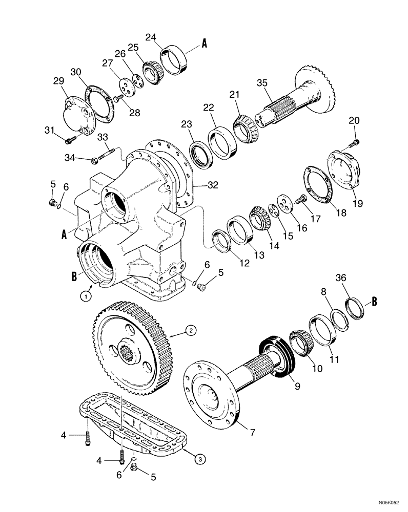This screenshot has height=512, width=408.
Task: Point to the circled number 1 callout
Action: (x=88, y=295)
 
